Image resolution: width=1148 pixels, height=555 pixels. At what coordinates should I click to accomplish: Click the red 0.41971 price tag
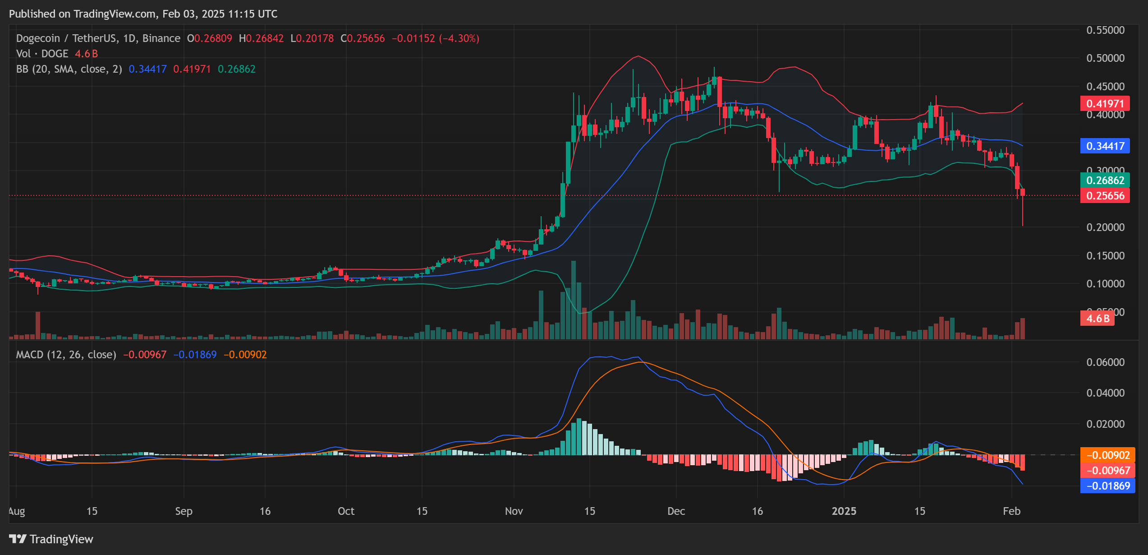point(1105,103)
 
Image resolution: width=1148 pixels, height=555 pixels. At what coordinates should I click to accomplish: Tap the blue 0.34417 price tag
point(1105,146)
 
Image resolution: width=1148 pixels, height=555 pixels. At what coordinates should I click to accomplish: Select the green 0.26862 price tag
point(1105,180)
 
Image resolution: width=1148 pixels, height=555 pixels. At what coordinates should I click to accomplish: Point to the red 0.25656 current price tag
point(1105,195)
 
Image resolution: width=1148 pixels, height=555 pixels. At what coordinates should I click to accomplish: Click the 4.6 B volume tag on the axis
point(1097,318)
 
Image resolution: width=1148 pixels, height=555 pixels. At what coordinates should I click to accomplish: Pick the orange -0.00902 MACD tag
point(1107,455)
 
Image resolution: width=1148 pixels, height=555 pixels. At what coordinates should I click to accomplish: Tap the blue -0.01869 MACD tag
point(1107,486)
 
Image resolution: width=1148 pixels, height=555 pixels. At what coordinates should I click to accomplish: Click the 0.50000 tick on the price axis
point(1105,58)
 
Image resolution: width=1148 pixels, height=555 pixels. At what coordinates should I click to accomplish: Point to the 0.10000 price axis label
point(1105,283)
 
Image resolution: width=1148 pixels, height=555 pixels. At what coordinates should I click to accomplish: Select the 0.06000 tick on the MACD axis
point(1105,362)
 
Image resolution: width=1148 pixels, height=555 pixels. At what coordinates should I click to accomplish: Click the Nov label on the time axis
point(514,511)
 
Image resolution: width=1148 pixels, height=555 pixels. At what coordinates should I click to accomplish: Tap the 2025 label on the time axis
point(844,511)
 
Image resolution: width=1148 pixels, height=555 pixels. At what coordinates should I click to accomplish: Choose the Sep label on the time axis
point(184,511)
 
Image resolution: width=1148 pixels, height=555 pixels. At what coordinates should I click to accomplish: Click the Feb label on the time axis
point(1011,511)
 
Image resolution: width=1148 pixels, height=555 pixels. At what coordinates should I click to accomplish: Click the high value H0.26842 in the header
point(261,38)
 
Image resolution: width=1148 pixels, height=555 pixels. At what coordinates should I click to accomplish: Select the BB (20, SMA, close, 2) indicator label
point(69,69)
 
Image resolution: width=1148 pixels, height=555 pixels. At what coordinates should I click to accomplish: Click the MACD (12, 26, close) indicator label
point(66,355)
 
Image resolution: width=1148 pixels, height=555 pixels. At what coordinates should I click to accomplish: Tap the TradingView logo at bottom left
point(51,539)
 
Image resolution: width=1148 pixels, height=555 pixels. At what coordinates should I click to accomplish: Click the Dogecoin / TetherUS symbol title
point(98,38)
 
